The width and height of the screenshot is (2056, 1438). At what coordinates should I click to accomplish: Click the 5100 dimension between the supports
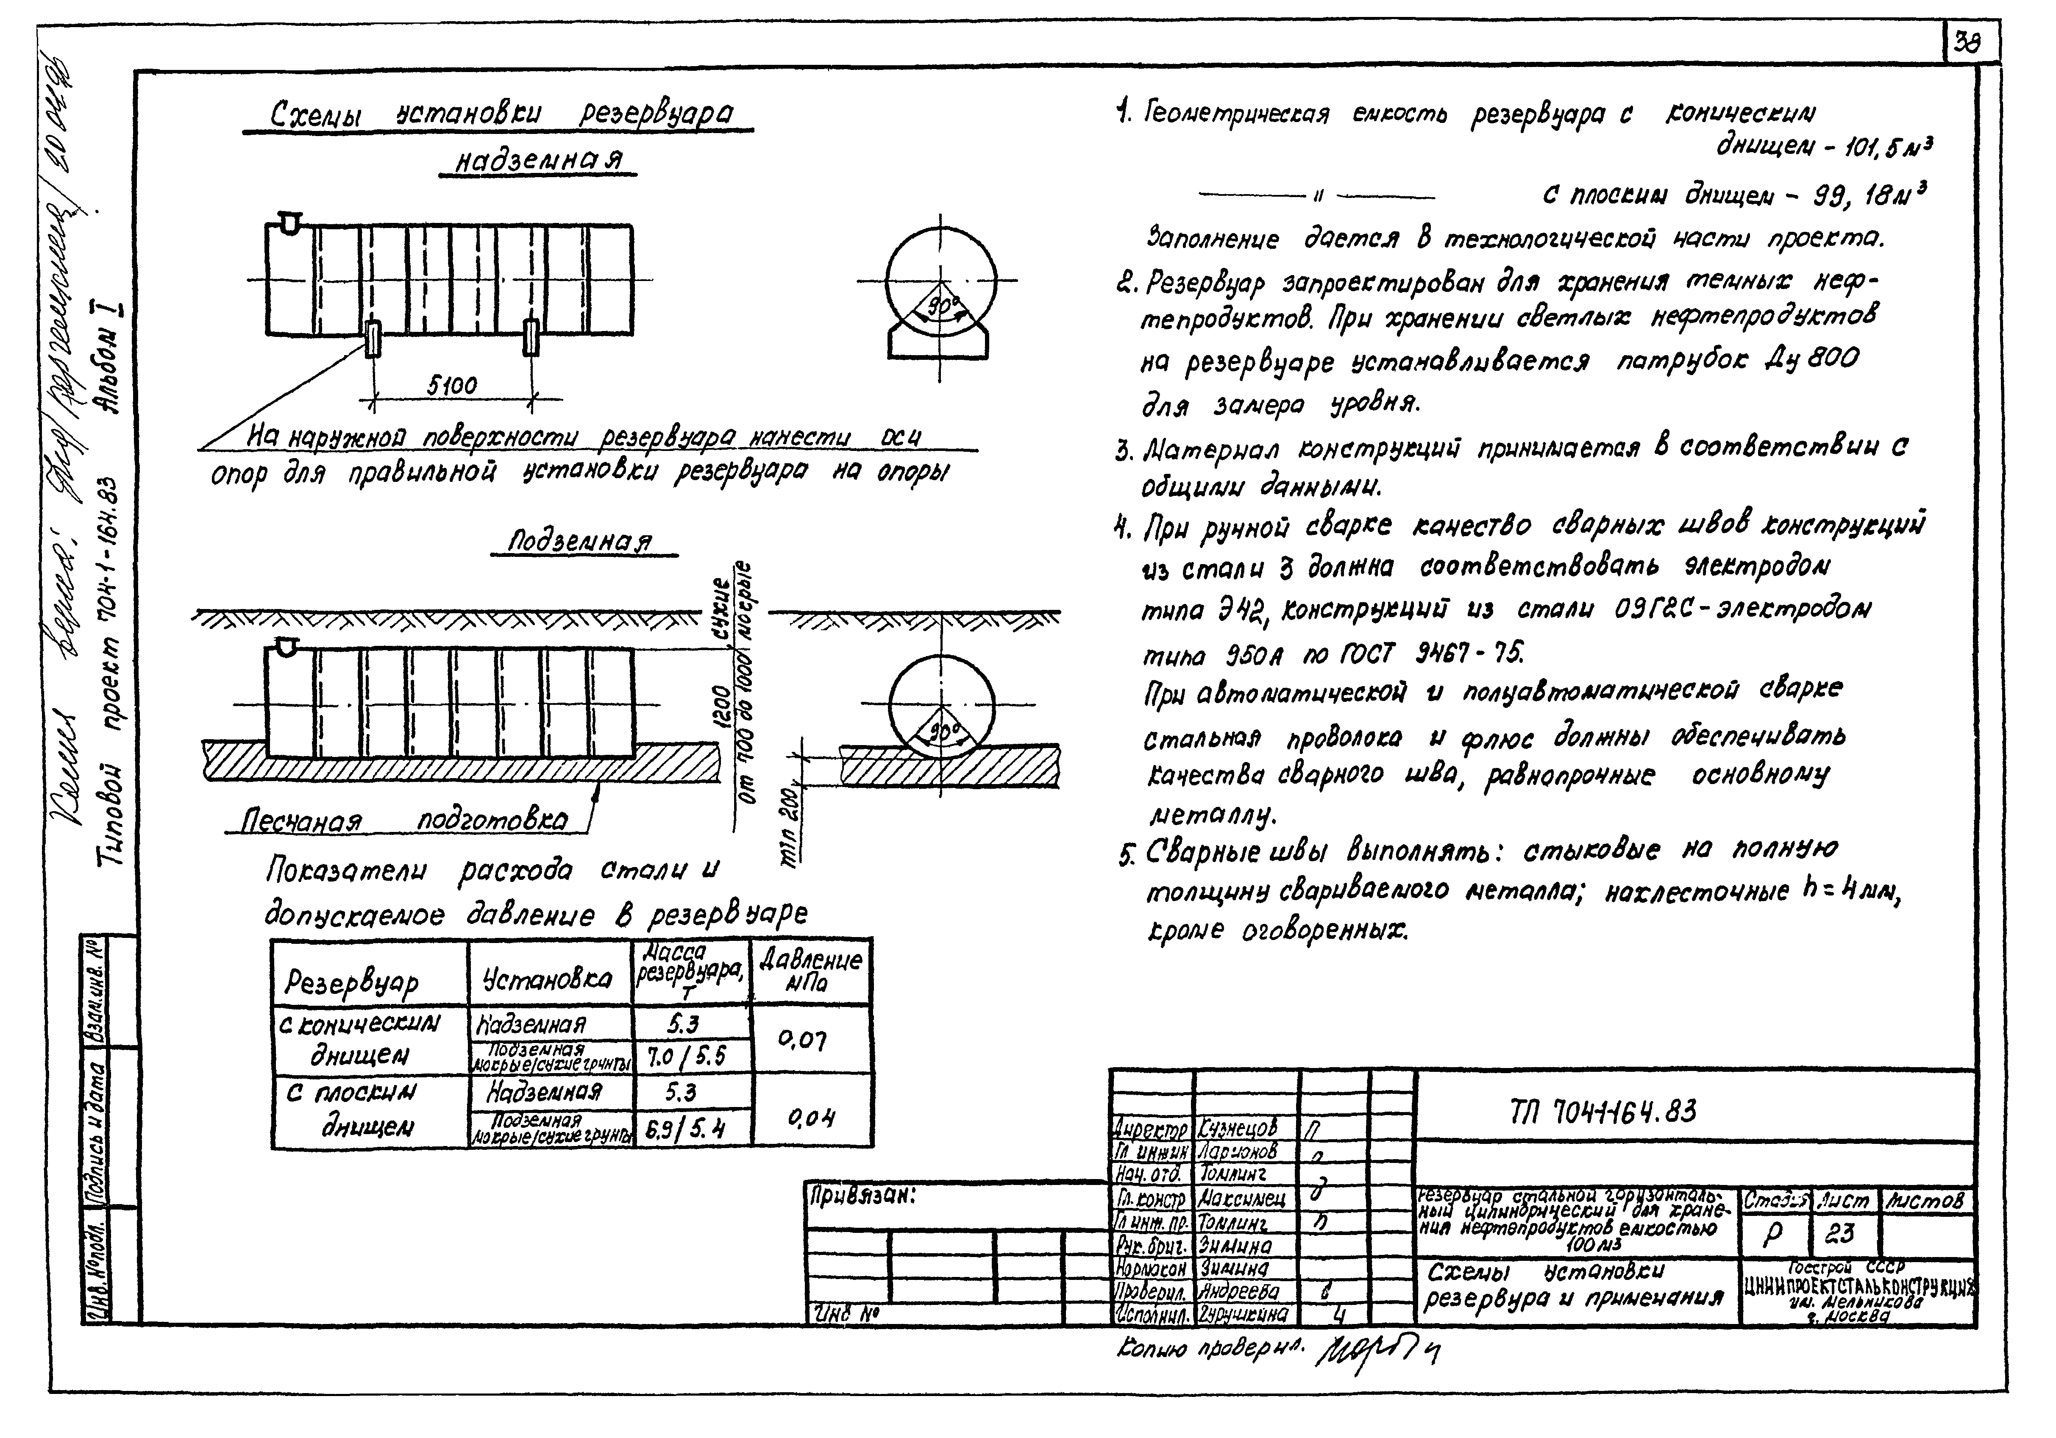click(452, 386)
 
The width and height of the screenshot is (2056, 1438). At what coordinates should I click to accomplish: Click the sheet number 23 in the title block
click(1840, 1234)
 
